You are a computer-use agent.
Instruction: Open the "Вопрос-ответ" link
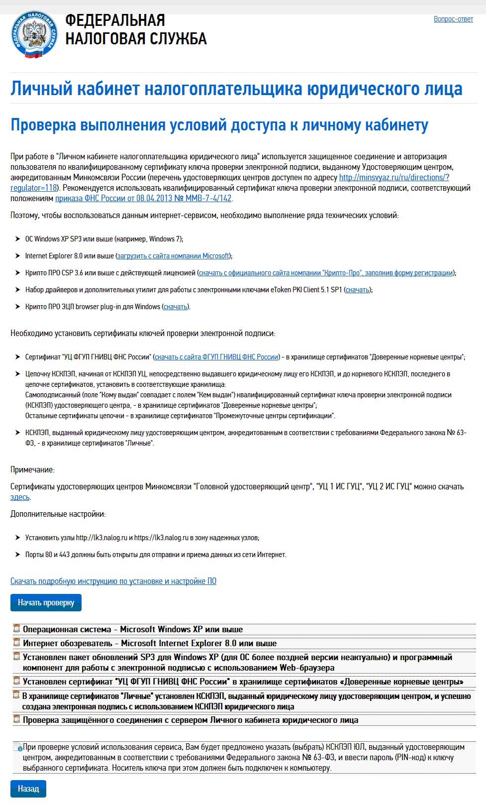pyautogui.click(x=453, y=19)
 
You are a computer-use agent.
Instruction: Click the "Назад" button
pyautogui.click(x=28, y=789)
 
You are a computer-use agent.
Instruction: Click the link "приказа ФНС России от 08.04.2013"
pyautogui.click(x=143, y=198)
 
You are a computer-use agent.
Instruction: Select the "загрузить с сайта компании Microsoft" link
pyautogui.click(x=173, y=256)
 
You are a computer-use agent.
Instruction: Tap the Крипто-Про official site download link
pyautogui.click(x=326, y=273)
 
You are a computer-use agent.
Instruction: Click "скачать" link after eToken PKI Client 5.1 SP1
pyautogui.click(x=358, y=290)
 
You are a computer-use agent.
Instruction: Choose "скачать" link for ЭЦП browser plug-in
pyautogui.click(x=176, y=307)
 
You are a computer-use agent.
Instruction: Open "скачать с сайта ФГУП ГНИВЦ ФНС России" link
pyautogui.click(x=216, y=357)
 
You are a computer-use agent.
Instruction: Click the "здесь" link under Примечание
pyautogui.click(x=20, y=497)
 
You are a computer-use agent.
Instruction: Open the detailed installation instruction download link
pyautogui.click(x=113, y=581)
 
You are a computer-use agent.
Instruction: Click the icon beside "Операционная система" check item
pyautogui.click(x=16, y=629)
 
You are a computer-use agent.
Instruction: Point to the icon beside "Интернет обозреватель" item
pyautogui.click(x=16, y=643)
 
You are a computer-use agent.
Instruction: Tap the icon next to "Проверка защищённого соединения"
pyautogui.click(x=16, y=719)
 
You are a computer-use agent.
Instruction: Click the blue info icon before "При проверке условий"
pyautogui.click(x=19, y=748)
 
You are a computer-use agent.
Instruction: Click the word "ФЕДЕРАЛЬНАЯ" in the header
pyautogui.click(x=115, y=20)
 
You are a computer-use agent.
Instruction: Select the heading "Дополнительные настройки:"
pyautogui.click(x=58, y=514)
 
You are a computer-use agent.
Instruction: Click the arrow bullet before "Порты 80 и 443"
pyautogui.click(x=18, y=555)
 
